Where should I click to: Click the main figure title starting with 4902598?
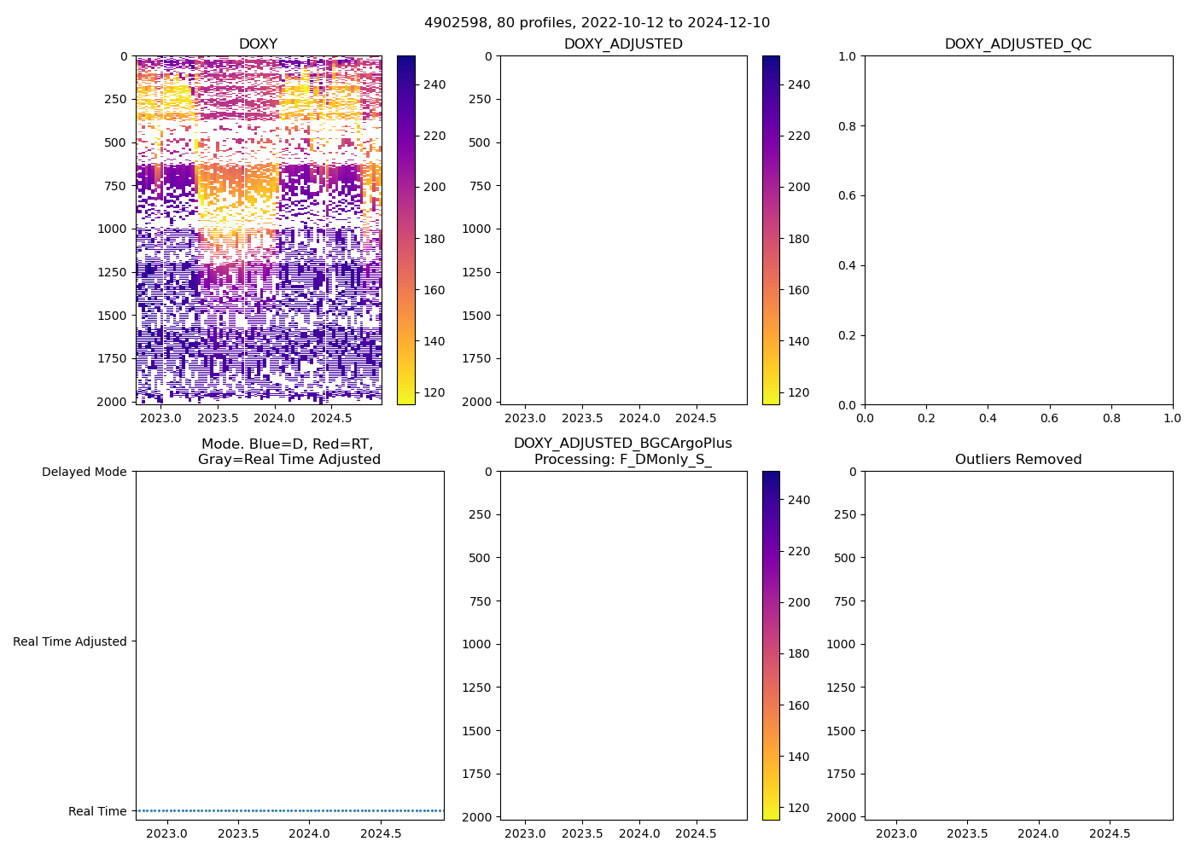597,22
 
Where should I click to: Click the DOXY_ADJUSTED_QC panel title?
1017,44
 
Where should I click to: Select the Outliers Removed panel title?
1017,459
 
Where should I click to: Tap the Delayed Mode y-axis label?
84,472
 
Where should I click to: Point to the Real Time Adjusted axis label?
69,641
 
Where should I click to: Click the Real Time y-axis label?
97,811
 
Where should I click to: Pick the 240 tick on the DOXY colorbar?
434,84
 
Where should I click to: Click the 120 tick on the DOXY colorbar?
434,392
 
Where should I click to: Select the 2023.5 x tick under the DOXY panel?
218,418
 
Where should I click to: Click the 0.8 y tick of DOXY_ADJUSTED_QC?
847,126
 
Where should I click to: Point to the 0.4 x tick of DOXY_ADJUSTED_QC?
988,418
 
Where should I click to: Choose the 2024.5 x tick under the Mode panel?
381,833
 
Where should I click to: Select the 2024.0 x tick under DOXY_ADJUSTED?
639,418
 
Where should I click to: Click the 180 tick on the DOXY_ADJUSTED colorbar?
799,239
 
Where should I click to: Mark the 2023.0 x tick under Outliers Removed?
896,833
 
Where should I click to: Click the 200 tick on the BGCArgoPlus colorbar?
799,602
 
